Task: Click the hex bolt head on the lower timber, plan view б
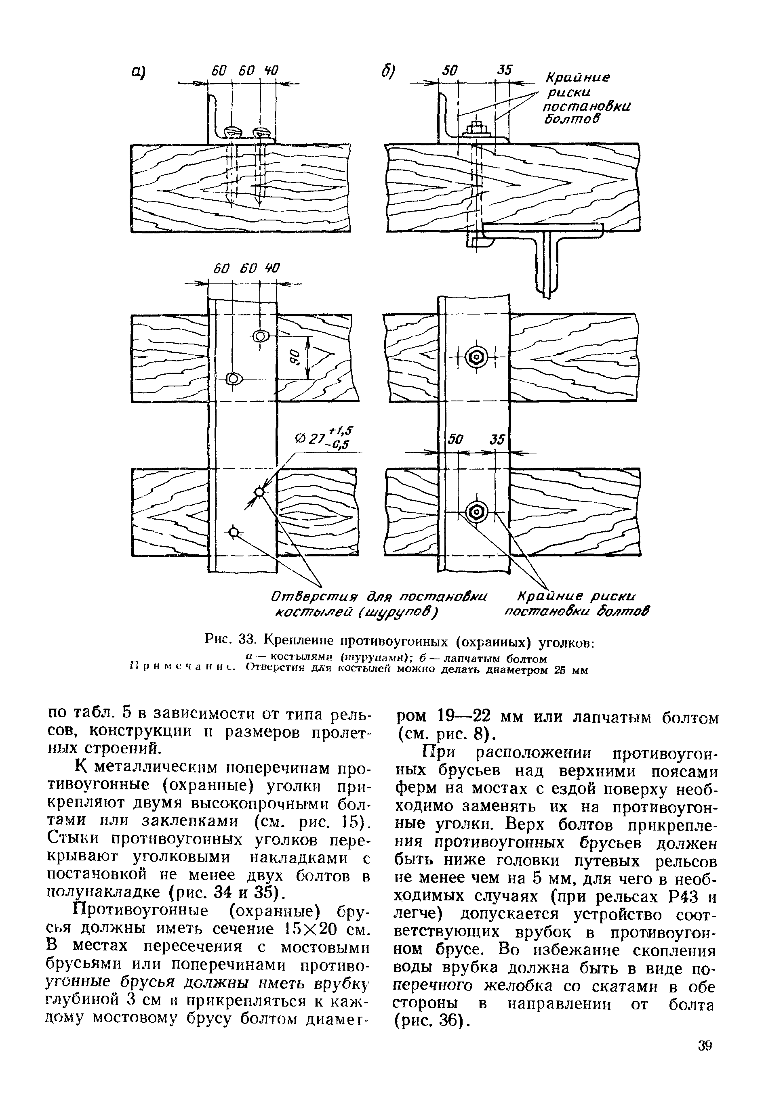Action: [477, 513]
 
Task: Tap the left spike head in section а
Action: [232, 130]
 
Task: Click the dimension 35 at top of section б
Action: [503, 70]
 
